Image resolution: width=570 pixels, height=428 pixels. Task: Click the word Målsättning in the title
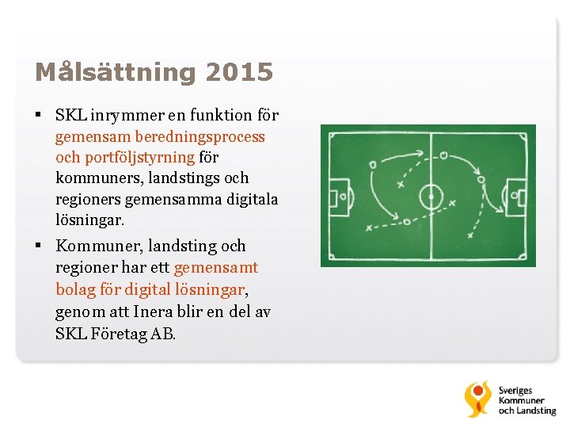pos(115,74)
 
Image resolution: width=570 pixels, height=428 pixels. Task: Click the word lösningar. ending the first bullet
pos(90,220)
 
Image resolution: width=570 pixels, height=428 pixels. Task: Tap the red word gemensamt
pos(216,268)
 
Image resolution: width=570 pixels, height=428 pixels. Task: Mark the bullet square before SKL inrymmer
pos(38,116)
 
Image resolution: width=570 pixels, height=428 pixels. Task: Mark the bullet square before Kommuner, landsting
pos(38,246)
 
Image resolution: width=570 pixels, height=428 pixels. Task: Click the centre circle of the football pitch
pos(431,194)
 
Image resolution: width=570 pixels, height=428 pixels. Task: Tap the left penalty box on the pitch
pos(337,194)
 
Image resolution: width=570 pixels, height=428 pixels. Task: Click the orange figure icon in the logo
pos(477,399)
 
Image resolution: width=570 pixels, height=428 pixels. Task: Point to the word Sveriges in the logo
pos(515,391)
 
